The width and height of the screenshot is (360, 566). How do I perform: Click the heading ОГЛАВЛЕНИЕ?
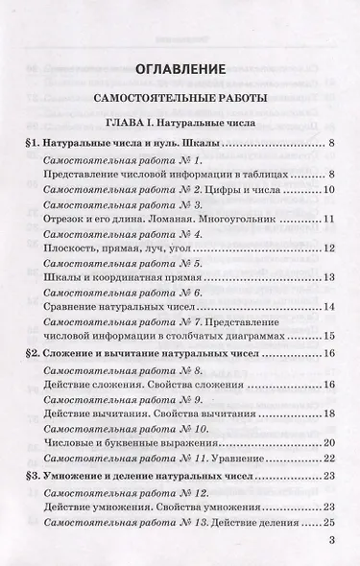pos(180,68)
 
